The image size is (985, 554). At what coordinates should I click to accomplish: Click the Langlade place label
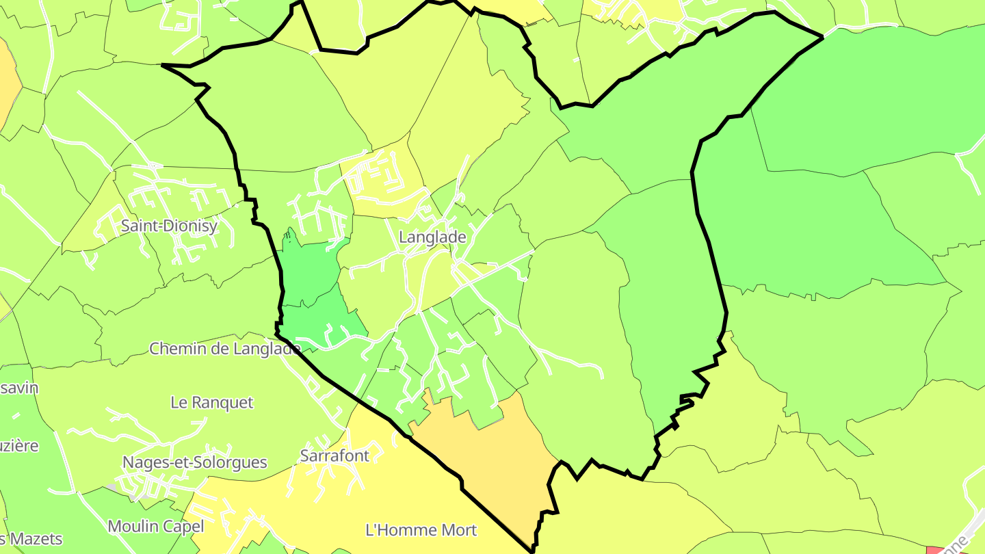pyautogui.click(x=432, y=237)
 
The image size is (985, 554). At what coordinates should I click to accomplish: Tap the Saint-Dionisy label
pyautogui.click(x=169, y=226)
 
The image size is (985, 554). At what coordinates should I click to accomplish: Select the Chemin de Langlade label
pyautogui.click(x=225, y=349)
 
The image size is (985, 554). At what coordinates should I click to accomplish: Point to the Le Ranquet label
pyautogui.click(x=212, y=403)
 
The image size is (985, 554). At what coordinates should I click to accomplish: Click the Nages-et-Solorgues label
pyautogui.click(x=194, y=462)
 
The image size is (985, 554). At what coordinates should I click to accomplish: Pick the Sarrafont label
pyautogui.click(x=334, y=456)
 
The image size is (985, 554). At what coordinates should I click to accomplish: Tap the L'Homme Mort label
pyautogui.click(x=421, y=530)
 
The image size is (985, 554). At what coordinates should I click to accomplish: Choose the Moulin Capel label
pyautogui.click(x=156, y=526)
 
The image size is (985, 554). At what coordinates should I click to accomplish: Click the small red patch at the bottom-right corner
pyautogui.click(x=934, y=550)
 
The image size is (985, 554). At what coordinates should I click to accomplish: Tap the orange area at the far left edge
pyautogui.click(x=7, y=82)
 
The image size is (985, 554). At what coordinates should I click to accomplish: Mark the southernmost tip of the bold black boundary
pyautogui.click(x=532, y=549)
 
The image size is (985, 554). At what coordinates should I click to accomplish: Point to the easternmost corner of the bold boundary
pyautogui.click(x=822, y=37)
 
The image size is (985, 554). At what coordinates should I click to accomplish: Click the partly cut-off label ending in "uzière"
pyautogui.click(x=19, y=446)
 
